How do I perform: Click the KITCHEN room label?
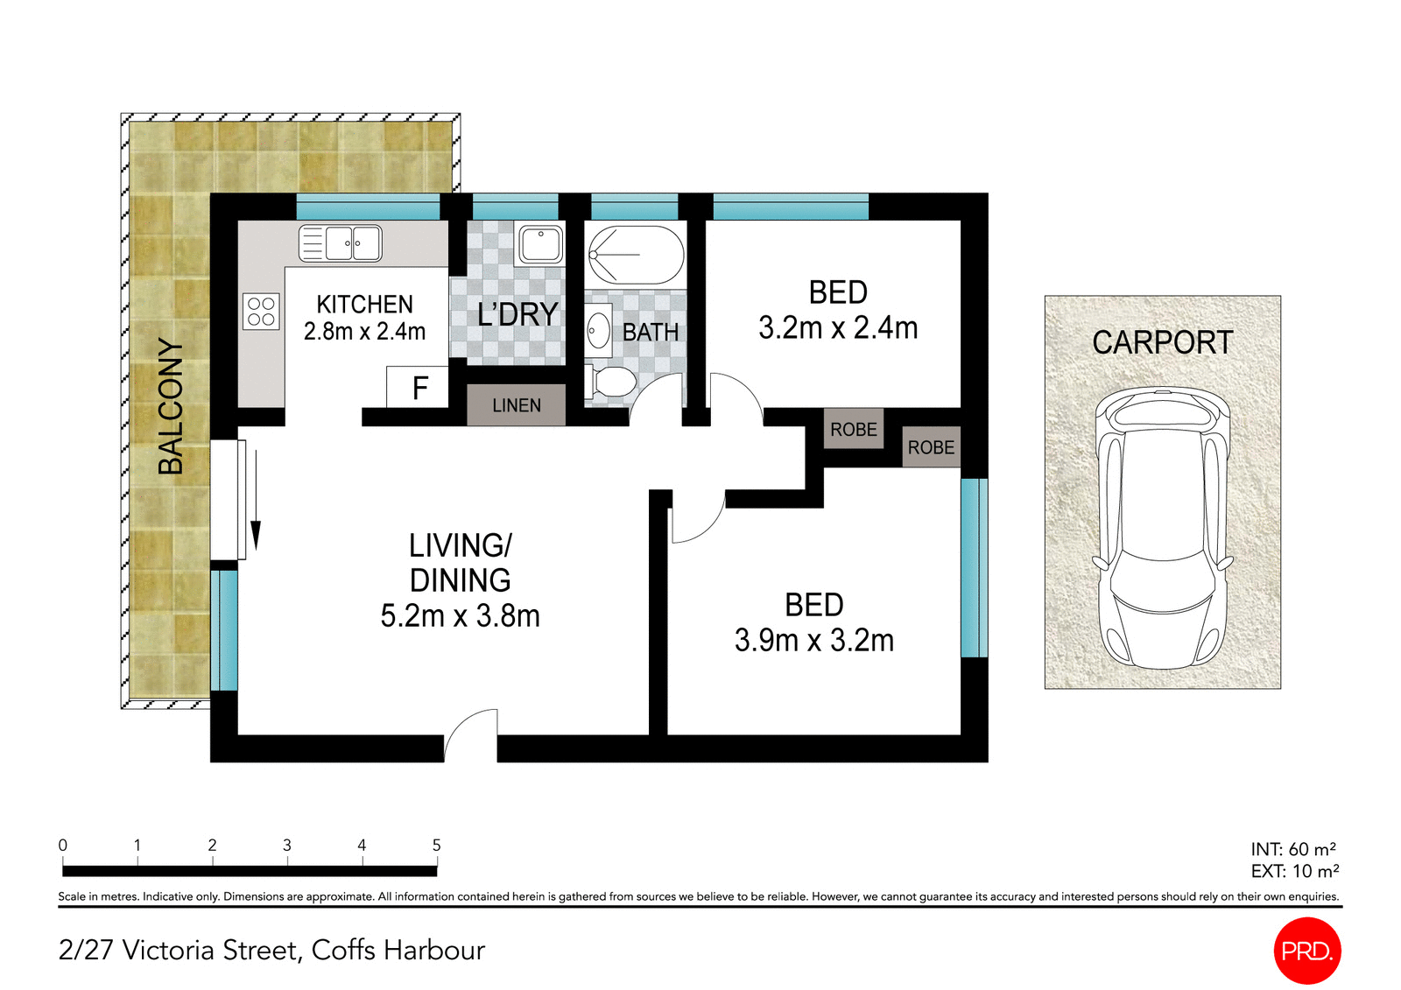pyautogui.click(x=364, y=304)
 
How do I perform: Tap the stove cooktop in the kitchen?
pyautogui.click(x=261, y=312)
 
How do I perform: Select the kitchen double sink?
pyautogui.click(x=341, y=243)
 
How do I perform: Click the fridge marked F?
pyautogui.click(x=419, y=387)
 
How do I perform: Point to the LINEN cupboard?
pyautogui.click(x=516, y=405)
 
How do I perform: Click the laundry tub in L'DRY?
pyautogui.click(x=540, y=244)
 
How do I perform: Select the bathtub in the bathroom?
pyautogui.click(x=636, y=254)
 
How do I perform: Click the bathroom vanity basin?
pyautogui.click(x=598, y=331)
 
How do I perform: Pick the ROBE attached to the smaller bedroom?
pyautogui.click(x=853, y=429)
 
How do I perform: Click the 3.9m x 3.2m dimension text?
pyautogui.click(x=813, y=641)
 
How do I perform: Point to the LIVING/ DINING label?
pyautogui.click(x=460, y=563)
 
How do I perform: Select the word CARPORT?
pyautogui.click(x=1162, y=342)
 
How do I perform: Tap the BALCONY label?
pyautogui.click(x=171, y=406)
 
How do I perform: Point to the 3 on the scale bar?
pyautogui.click(x=286, y=846)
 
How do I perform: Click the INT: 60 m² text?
pyautogui.click(x=1292, y=849)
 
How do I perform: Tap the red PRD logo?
pyautogui.click(x=1306, y=951)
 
